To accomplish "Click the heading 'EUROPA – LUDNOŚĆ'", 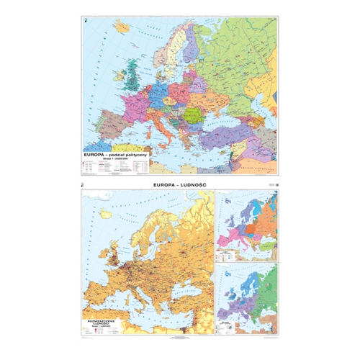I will coord(180,186).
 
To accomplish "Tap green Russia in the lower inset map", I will coord(263,281).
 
